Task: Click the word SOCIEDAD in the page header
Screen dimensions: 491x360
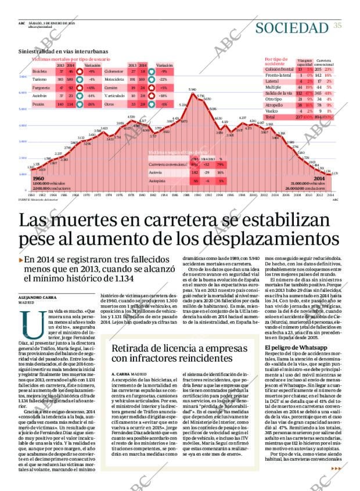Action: pos(291,27)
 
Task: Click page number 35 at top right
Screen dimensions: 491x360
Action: pos(337,24)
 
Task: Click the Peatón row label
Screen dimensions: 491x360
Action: pos(38,104)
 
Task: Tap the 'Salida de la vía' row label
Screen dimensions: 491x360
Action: pos(279,93)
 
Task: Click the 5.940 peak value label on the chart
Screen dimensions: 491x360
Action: pos(192,89)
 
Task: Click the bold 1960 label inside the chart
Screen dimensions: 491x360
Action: pos(39,178)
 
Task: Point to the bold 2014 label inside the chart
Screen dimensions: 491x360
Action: pos(318,179)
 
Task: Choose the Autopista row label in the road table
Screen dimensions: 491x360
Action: pos(157,181)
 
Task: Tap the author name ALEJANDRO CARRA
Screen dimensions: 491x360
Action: pos(37,297)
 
